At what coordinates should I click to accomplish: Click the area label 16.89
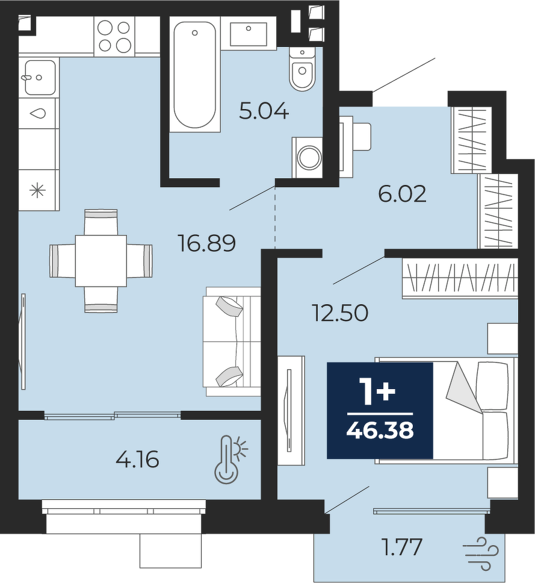pyautogui.click(x=207, y=243)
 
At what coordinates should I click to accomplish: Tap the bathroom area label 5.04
pyautogui.click(x=264, y=111)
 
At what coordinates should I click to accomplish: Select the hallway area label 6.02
pyautogui.click(x=402, y=194)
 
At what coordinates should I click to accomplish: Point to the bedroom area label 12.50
pyautogui.click(x=341, y=313)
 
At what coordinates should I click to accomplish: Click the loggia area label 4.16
pyautogui.click(x=137, y=459)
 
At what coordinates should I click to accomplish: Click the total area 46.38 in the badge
pyautogui.click(x=380, y=431)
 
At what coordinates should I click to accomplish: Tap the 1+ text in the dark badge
pyautogui.click(x=379, y=392)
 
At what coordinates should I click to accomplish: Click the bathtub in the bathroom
pyautogui.click(x=194, y=74)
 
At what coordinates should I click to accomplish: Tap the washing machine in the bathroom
pyautogui.click(x=308, y=158)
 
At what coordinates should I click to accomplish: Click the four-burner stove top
pyautogui.click(x=114, y=36)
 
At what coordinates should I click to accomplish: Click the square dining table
pyautogui.click(x=101, y=261)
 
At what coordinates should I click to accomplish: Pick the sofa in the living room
pyautogui.click(x=232, y=341)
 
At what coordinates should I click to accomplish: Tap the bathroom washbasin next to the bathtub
pyautogui.click(x=248, y=34)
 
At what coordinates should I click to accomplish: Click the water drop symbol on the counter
pyautogui.click(x=39, y=113)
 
